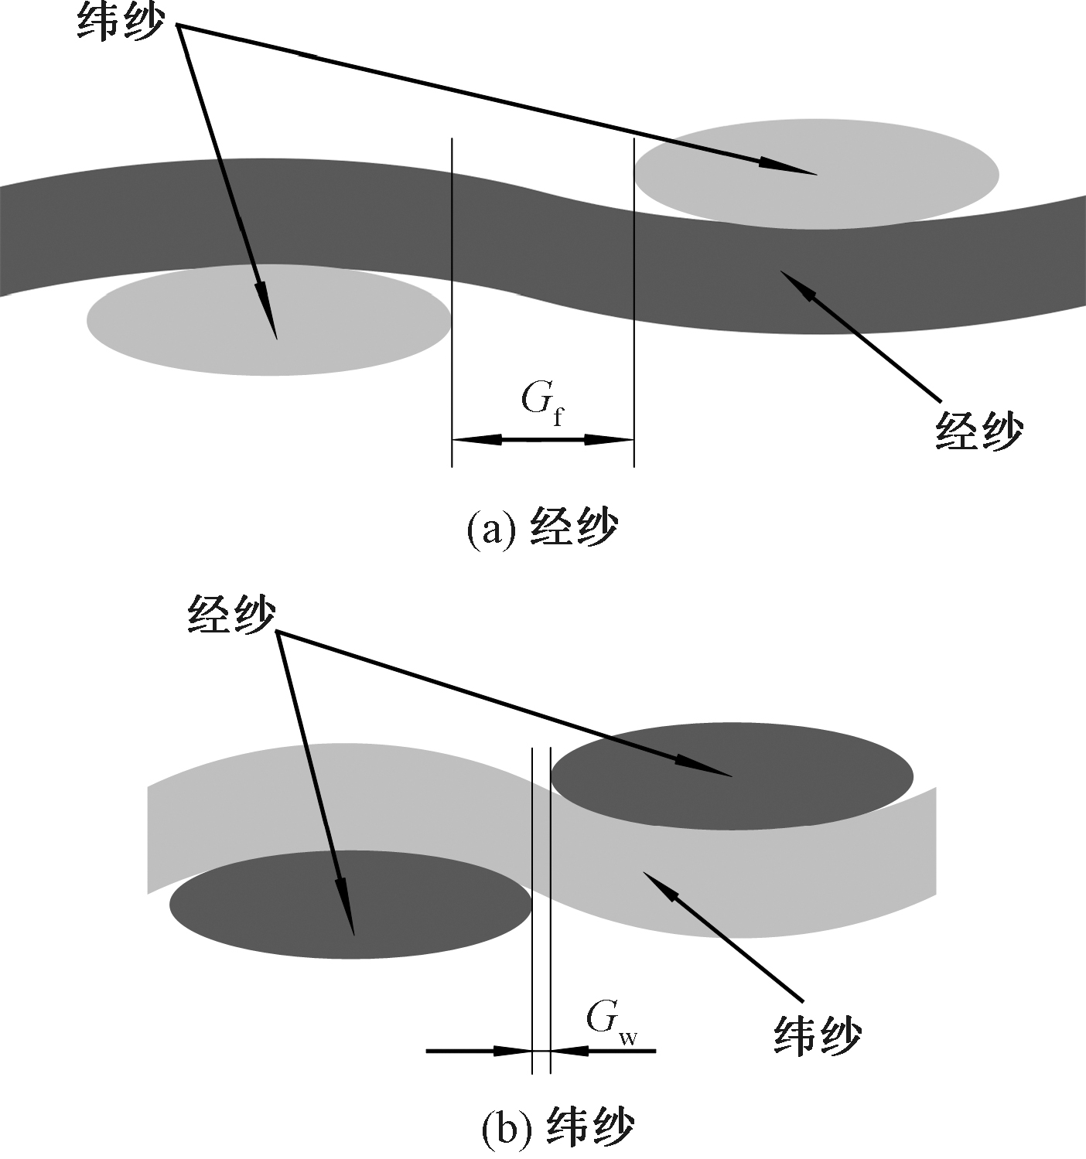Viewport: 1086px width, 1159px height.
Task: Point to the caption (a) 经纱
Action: click(542, 530)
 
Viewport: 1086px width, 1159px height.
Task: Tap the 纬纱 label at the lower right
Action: click(818, 1035)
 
